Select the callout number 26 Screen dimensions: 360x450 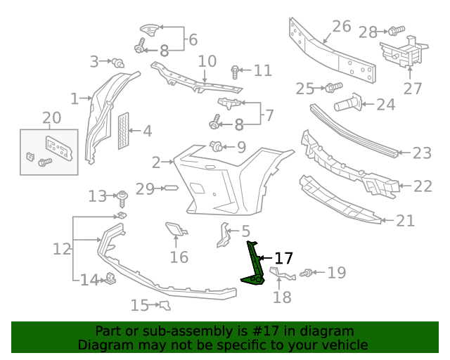coord(341,27)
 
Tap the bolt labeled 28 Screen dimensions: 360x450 coord(396,31)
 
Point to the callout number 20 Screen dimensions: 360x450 coord(51,117)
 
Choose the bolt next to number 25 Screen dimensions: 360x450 coord(333,87)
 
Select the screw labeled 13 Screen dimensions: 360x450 coord(122,195)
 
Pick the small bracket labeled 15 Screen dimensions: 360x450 coord(165,304)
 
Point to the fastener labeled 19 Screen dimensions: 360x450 coord(307,273)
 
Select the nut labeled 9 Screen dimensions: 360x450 coord(217,147)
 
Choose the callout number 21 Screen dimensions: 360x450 coord(405,221)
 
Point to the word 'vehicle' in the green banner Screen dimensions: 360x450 coord(342,345)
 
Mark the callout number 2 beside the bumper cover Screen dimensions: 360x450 coord(156,162)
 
